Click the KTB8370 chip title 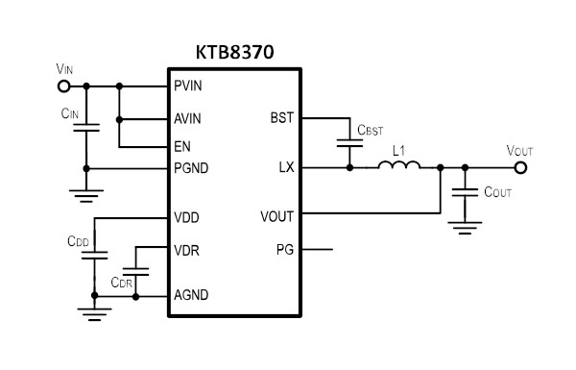(235, 52)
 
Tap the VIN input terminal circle (63, 86)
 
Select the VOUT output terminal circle (520, 168)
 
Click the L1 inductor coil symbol (399, 165)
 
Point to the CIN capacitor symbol (86, 128)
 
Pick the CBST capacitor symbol (349, 143)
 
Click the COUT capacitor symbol (465, 192)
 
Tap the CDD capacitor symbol (94, 256)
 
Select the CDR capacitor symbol (135, 272)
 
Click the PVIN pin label (188, 86)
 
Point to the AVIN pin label (187, 119)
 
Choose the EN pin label (182, 147)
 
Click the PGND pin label (191, 168)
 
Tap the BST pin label (282, 118)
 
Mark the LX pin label (286, 168)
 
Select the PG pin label (285, 250)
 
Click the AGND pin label (191, 295)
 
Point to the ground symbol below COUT (465, 228)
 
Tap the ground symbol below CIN (86, 196)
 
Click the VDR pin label (186, 251)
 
